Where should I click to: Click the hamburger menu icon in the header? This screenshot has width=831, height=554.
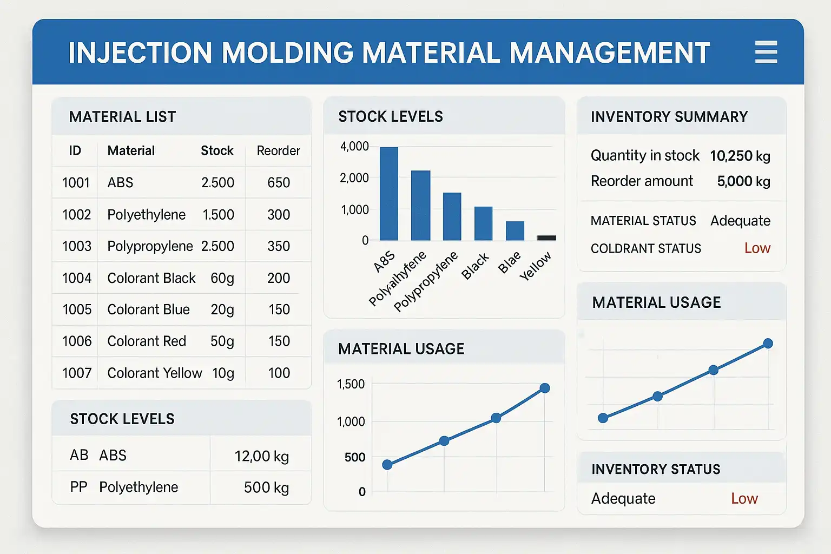pos(766,52)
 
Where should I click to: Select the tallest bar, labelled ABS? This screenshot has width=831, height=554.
pos(388,193)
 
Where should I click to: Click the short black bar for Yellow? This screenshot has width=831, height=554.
pos(546,238)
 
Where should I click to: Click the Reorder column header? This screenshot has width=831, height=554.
pos(278,150)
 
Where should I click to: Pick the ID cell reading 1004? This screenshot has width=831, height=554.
pos(77,278)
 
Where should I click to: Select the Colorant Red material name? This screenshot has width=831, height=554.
pos(147,341)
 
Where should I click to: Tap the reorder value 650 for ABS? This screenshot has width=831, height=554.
pos(279,183)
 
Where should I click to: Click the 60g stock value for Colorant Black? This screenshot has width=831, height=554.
pos(222,278)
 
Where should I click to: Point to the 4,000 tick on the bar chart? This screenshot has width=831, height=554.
pos(354,147)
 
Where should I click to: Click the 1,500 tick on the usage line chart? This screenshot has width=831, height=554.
pos(351,385)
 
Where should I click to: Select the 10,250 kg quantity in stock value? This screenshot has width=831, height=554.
pos(740,156)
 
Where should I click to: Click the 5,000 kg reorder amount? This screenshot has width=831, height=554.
pos(743,181)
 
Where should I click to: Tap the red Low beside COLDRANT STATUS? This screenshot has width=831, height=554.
pos(757,248)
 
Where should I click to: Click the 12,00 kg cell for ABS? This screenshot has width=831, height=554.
pos(261,456)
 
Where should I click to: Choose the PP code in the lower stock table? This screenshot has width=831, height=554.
pos(78,487)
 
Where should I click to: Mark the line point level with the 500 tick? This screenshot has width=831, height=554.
pos(387,465)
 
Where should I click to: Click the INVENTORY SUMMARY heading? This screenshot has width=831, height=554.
pos(669,117)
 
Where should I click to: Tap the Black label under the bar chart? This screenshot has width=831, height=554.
pos(475,266)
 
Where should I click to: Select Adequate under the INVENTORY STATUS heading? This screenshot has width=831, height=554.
pos(623,498)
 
